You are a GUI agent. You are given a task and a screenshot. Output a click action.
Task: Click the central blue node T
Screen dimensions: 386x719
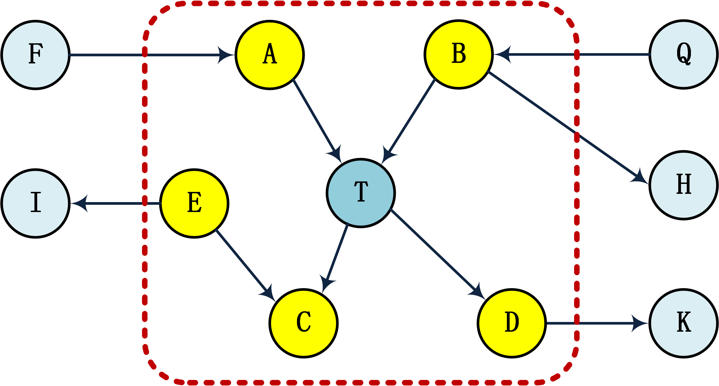tap(361, 193)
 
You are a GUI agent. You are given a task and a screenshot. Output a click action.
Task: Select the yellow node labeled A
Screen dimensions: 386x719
tap(270, 55)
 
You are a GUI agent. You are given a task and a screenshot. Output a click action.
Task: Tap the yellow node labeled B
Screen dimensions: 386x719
tap(459, 54)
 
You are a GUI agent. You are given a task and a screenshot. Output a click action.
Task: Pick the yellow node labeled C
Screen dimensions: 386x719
tap(304, 323)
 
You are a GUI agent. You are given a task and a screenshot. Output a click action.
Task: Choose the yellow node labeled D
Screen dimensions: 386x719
tap(512, 323)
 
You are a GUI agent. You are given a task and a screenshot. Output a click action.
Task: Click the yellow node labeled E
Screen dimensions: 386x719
tap(194, 203)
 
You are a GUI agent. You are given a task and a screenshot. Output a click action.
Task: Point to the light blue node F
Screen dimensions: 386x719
tap(36, 55)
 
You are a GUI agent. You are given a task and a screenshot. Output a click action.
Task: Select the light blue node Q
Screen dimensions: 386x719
tap(683, 54)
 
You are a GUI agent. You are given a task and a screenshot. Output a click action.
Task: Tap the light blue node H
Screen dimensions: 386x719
tap(683, 185)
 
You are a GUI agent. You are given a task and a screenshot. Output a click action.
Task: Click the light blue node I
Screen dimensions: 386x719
tap(36, 203)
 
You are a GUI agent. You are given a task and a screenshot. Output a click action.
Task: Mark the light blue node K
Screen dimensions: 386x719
tap(683, 323)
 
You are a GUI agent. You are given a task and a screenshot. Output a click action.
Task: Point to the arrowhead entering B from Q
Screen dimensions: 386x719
tap(502, 55)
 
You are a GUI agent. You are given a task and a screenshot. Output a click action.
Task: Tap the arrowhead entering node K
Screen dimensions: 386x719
tap(640, 323)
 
